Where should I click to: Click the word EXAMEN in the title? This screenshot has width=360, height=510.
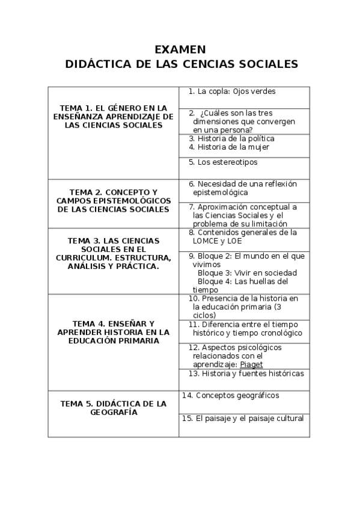(x=180, y=49)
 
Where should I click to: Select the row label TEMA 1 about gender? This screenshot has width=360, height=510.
(x=114, y=116)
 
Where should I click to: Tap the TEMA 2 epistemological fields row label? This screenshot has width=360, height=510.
(x=114, y=200)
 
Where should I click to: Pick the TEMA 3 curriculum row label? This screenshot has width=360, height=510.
(x=114, y=253)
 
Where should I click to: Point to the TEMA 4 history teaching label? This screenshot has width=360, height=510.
(x=114, y=331)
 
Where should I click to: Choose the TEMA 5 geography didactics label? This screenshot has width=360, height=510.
(x=114, y=408)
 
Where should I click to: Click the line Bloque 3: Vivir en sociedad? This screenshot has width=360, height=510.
(x=247, y=272)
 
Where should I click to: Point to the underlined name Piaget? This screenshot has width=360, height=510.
(x=251, y=364)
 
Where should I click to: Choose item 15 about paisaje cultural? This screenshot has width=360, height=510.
(x=244, y=418)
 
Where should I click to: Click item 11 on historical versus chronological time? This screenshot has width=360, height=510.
(x=246, y=328)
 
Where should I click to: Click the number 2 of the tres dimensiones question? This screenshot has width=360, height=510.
(x=191, y=113)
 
